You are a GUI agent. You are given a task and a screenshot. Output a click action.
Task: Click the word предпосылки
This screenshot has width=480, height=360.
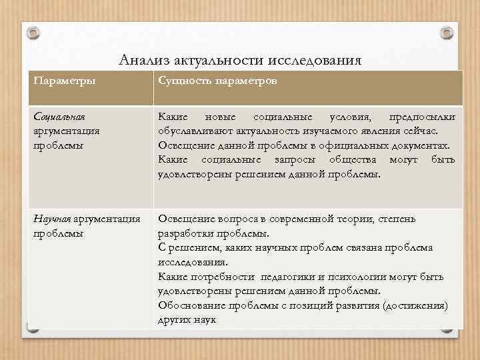click(422, 117)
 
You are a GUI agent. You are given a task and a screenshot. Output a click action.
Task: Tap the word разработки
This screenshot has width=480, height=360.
click(184, 234)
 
